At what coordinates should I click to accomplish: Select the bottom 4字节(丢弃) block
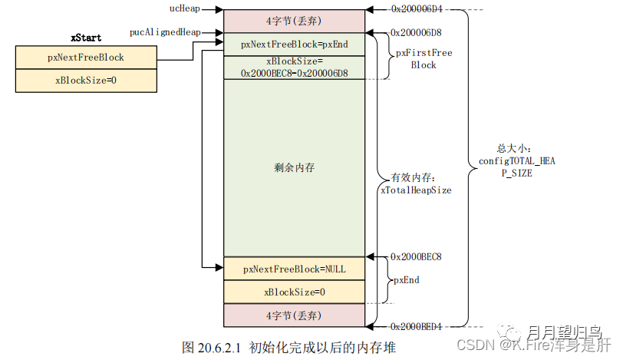295,315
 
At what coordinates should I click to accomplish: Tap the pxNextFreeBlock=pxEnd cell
295,45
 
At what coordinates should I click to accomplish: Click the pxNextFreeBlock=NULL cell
295,269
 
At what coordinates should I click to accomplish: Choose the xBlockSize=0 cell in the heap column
295,292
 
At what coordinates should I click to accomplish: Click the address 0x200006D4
417,10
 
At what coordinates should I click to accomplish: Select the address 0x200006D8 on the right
417,33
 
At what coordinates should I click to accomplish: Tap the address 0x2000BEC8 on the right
417,256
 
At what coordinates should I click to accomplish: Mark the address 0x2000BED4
417,326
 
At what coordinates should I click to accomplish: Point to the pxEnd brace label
407,280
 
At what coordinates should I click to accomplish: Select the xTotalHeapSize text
416,190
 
